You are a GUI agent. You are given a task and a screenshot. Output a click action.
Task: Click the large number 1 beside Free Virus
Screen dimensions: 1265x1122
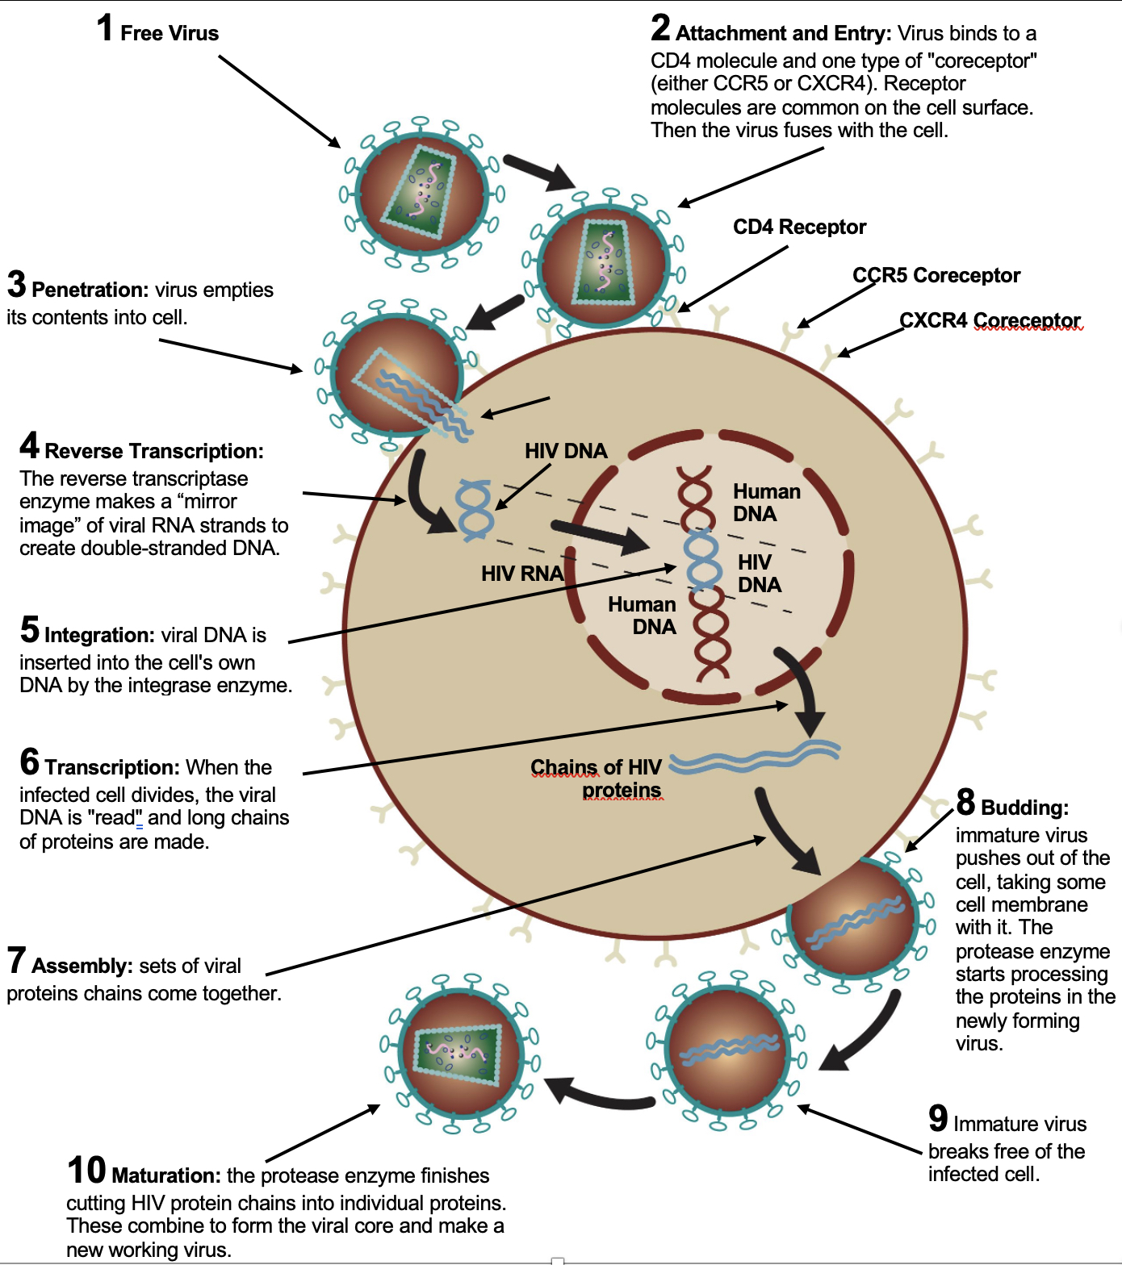point(105,28)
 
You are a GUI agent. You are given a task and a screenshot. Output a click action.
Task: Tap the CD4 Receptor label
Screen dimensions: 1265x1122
point(799,228)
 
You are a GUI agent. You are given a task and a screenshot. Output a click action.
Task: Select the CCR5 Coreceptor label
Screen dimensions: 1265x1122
point(936,276)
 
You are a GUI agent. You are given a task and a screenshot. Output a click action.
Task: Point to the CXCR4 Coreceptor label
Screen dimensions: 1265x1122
point(990,321)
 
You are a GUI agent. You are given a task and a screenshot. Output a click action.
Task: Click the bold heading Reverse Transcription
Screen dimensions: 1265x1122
point(153,451)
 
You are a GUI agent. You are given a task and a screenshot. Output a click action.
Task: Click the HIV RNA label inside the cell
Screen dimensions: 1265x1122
point(521,574)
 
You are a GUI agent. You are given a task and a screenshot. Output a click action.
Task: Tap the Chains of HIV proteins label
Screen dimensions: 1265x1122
point(597,779)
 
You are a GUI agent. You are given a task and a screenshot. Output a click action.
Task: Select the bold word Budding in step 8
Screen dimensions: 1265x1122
point(1024,808)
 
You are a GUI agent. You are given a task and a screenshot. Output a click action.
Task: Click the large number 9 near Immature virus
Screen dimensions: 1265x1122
point(938,1119)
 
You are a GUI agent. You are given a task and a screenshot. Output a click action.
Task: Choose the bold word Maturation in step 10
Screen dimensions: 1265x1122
point(165,1175)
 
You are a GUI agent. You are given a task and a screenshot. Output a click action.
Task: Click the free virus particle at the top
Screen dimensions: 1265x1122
point(421,194)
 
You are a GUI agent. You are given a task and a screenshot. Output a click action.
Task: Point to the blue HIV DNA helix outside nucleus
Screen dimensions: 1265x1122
point(474,509)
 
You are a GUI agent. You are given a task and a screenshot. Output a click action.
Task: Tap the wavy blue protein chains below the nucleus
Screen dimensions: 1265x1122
point(755,757)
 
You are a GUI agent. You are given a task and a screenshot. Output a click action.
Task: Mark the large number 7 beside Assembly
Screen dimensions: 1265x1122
point(16,961)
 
